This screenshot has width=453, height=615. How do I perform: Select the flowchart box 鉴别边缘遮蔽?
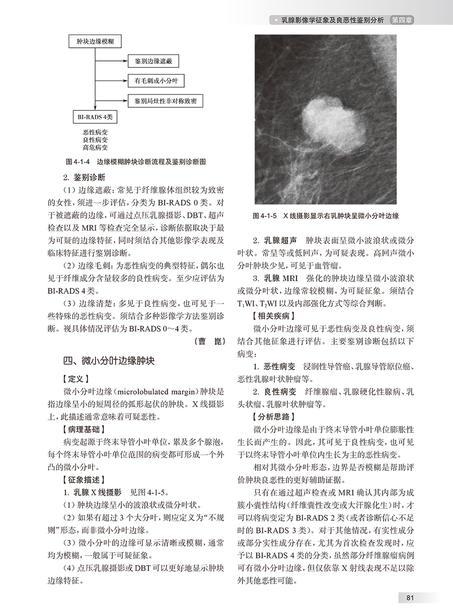(x=154, y=61)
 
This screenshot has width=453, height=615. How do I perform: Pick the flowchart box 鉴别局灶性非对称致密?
(x=165, y=101)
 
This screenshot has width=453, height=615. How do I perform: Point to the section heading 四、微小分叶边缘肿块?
(x=108, y=360)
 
